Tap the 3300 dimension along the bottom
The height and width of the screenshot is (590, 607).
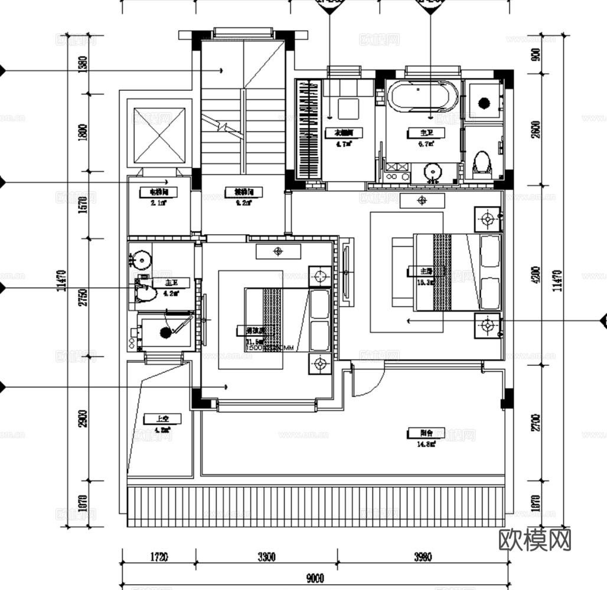pos(266,556)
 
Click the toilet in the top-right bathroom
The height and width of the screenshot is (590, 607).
pos(482,163)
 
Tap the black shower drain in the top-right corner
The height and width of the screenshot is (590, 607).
pos(484,104)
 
